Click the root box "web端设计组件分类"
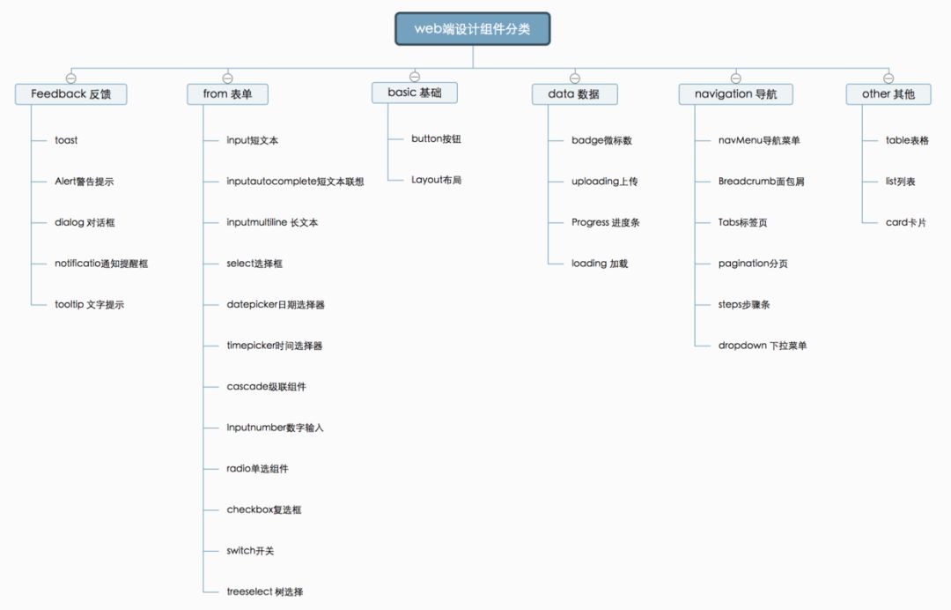(473, 29)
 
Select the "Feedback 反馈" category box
(71, 94)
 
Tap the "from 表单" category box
(227, 94)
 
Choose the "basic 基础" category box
(414, 93)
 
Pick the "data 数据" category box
(574, 94)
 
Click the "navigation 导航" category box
(735, 94)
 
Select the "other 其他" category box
(888, 94)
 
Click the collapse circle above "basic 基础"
(415, 77)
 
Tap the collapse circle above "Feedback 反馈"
(71, 78)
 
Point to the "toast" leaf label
(66, 140)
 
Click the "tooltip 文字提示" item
(89, 304)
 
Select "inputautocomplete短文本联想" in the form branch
(295, 181)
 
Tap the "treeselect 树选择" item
(265, 591)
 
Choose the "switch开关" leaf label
(250, 551)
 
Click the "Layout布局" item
(436, 180)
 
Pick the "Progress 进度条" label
(605, 222)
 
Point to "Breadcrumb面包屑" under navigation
(761, 181)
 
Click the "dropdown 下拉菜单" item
(763, 346)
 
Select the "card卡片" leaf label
(906, 222)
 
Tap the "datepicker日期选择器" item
(276, 304)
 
